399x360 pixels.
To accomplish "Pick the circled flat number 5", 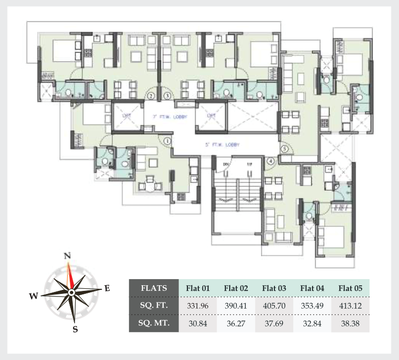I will coord(285,148).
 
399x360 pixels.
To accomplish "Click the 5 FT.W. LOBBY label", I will coord(222,145).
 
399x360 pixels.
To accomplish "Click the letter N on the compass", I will coord(67,256).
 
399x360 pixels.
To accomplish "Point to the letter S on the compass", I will coord(75,329).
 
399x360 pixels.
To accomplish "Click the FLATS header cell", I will coord(154,288).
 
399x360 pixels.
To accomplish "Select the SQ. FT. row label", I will coord(154,306).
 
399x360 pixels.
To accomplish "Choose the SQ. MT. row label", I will coord(154,323).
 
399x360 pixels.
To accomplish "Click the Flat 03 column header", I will coord(274,288).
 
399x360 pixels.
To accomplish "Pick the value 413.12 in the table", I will coord(350,306).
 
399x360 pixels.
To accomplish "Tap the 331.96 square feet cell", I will coord(198,306).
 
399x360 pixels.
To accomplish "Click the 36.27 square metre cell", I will coord(236,323).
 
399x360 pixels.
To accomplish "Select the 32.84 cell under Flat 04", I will coord(312,323).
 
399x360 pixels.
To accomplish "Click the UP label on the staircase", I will coord(250,165).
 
